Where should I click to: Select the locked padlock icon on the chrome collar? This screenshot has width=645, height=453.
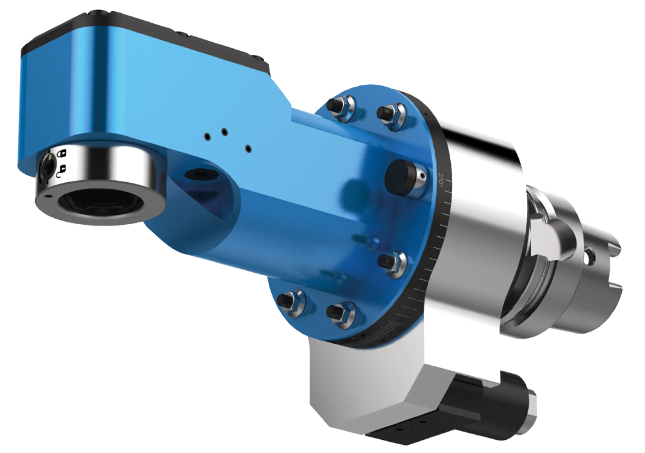click(61, 154)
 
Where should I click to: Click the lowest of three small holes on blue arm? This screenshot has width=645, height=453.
click(249, 148)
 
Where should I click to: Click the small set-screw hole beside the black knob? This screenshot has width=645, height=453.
click(422, 176)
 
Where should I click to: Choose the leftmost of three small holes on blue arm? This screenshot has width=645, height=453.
click(208, 137)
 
